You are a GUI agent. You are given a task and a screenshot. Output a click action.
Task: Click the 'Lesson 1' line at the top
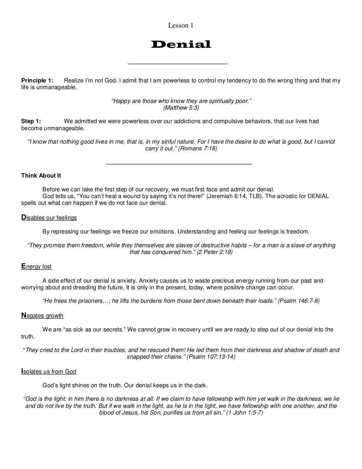pos(181,25)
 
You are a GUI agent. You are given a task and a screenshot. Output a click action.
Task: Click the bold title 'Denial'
pos(181,45)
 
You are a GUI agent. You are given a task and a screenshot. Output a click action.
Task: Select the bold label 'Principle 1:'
pos(37,81)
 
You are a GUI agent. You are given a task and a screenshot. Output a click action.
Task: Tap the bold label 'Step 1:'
pos(31,121)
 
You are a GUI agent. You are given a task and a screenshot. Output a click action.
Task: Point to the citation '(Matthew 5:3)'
pos(181,108)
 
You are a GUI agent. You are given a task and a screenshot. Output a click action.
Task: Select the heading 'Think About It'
pos(41,176)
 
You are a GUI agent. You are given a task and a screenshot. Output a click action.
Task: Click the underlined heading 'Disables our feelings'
pos(49,218)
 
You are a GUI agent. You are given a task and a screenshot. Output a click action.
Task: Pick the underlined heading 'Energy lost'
pos(36,266)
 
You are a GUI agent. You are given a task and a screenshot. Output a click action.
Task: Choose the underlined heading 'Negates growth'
pos(42,315)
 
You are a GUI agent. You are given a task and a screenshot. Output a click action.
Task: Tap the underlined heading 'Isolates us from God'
pos(49,371)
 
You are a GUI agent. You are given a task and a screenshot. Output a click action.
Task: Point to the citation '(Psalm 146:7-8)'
pos(299,301)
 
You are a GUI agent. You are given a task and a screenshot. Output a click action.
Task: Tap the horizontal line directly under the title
pos(177,64)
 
